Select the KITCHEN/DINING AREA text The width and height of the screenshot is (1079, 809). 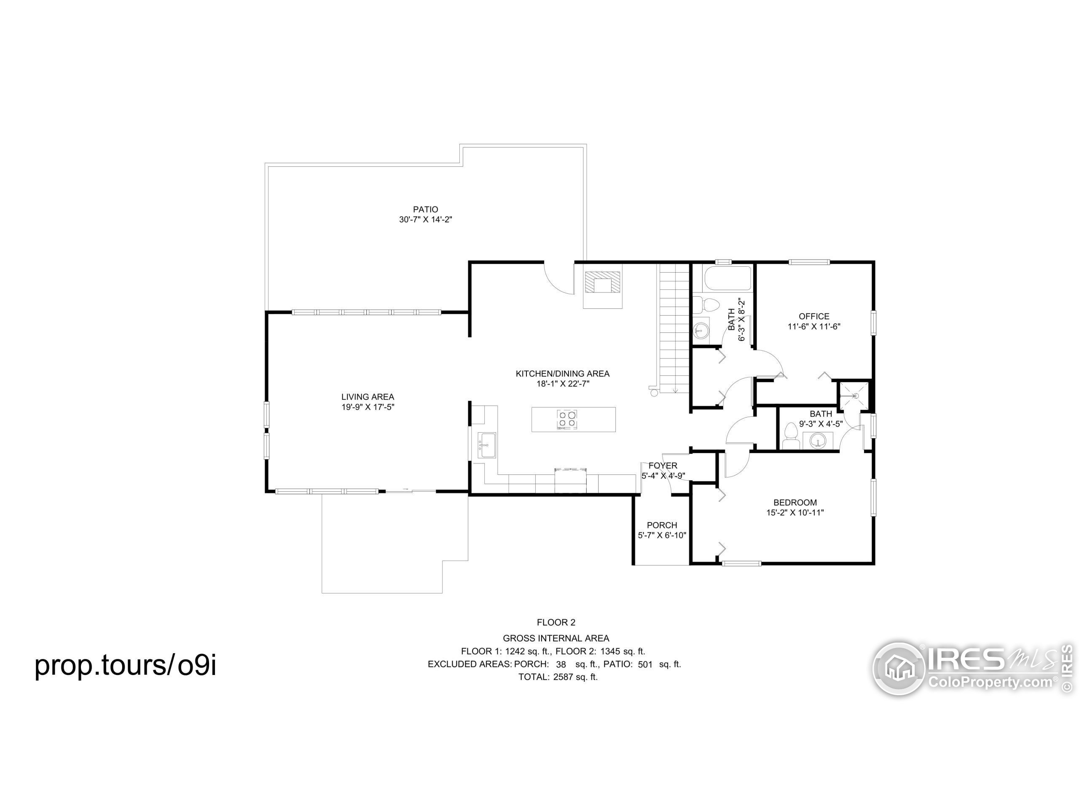(x=562, y=374)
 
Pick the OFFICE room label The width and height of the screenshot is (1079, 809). (x=813, y=316)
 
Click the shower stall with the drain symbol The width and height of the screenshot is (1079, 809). (x=854, y=396)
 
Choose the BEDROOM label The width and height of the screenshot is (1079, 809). (x=795, y=502)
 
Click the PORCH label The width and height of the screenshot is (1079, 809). (x=662, y=525)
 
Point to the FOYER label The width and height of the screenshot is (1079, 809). (x=663, y=466)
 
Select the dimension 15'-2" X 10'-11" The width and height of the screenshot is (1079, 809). (x=795, y=512)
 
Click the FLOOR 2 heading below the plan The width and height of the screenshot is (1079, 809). (x=556, y=622)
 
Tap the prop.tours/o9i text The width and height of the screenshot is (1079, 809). (x=125, y=665)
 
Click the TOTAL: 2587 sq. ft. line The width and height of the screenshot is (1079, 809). (x=558, y=677)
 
